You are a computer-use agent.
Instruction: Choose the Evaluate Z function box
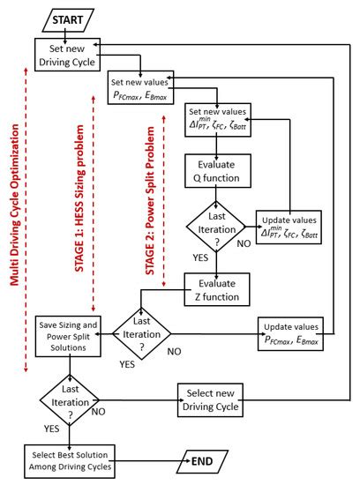[x=218, y=288]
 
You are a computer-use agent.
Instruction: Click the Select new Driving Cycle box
[x=211, y=399]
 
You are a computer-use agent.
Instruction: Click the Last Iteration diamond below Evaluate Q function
[x=218, y=226]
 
